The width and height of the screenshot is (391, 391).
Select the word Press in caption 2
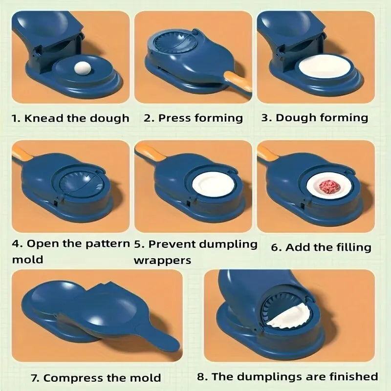(x=175, y=118)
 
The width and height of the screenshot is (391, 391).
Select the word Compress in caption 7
(x=68, y=377)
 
